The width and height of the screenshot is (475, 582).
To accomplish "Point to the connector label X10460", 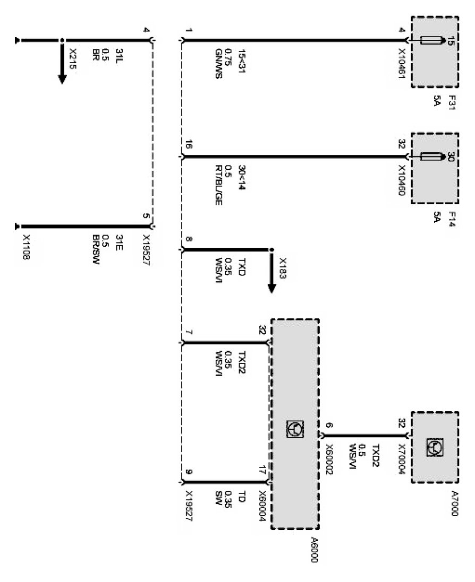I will click(402, 179).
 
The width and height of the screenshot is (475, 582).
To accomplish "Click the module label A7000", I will click(453, 501).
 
